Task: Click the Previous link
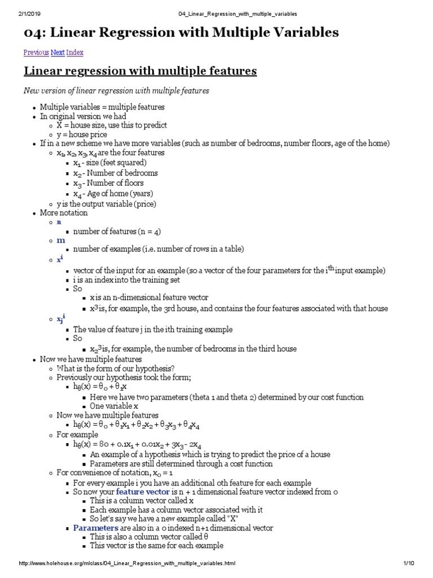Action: click(36, 52)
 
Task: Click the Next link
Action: click(58, 52)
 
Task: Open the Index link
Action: click(75, 52)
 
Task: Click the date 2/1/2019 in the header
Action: click(18, 14)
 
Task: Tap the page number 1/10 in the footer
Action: click(409, 564)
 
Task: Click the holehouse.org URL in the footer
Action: click(127, 564)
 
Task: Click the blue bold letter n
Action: click(59, 222)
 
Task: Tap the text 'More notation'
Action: click(64, 213)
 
